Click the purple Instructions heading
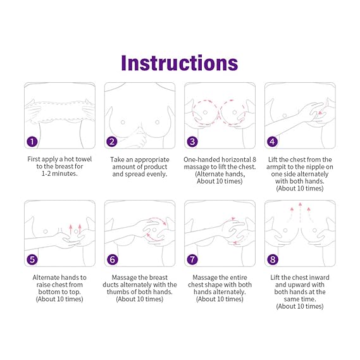click(180, 63)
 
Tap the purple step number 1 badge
click(32, 142)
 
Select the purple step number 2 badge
click(112, 142)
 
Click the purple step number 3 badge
click(192, 142)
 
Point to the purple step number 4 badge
click(273, 142)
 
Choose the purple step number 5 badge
click(32, 259)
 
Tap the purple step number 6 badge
click(112, 259)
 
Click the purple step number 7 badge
click(192, 259)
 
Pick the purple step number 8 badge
click(273, 259)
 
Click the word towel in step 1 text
click(84, 159)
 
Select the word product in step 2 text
click(156, 166)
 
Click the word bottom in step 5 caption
click(49, 292)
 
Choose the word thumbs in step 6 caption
click(117, 292)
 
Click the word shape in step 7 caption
click(218, 285)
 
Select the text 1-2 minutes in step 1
click(59, 173)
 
